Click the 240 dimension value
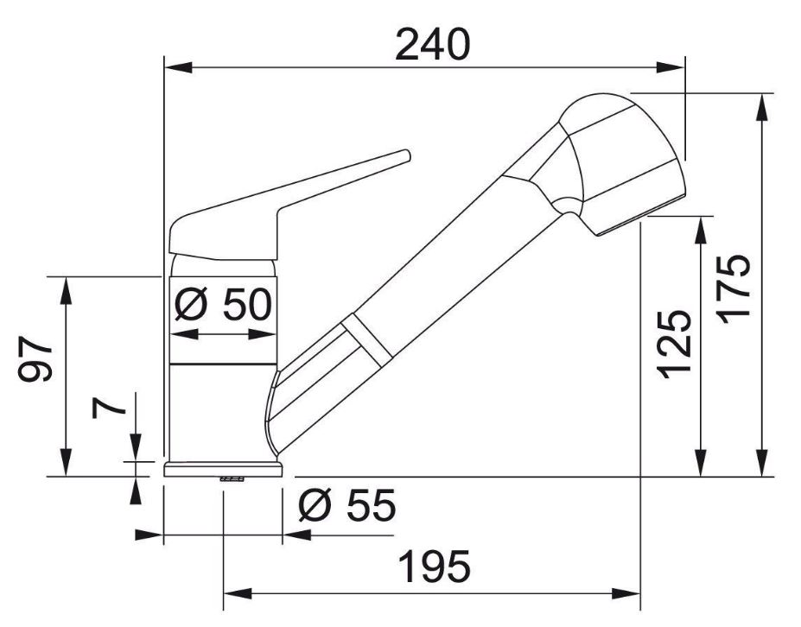[x=432, y=44]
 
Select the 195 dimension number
[x=435, y=567]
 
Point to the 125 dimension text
[x=676, y=345]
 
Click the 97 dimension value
[x=35, y=359]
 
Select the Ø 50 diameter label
[x=223, y=304]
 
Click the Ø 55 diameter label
[x=347, y=505]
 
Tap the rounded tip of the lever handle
[x=406, y=155]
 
